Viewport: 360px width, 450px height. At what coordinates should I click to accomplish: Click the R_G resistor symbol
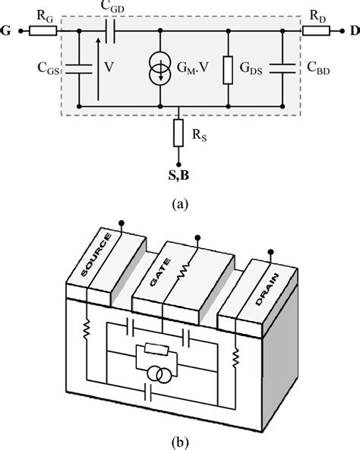click(46, 32)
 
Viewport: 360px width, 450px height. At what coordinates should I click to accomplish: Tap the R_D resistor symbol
click(313, 32)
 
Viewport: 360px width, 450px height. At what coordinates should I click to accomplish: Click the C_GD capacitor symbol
click(112, 32)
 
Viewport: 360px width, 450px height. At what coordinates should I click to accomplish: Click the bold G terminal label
click(8, 32)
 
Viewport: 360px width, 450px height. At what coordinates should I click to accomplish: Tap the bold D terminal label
click(352, 32)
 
